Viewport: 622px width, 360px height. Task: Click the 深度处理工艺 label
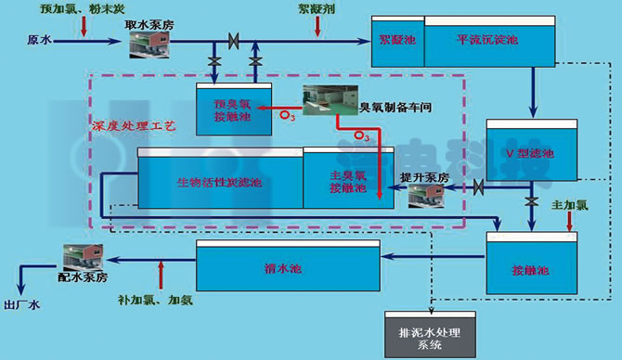(x=131, y=124)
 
